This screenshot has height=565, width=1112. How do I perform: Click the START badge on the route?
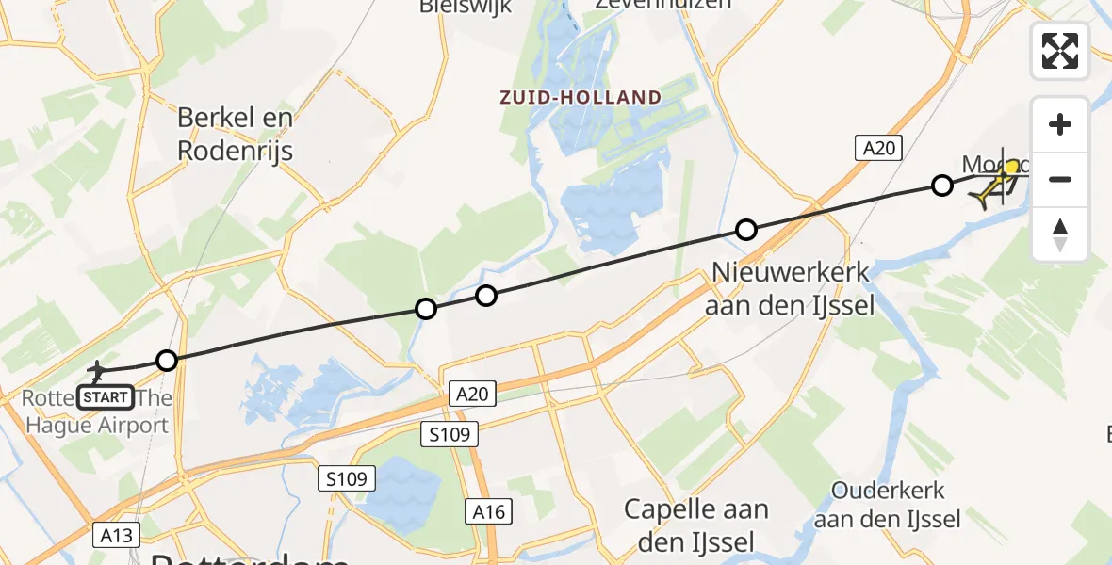click(x=106, y=397)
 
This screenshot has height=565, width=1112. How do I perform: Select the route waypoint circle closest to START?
click(x=166, y=361)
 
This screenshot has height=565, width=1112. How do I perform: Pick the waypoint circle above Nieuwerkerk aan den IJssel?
click(x=746, y=229)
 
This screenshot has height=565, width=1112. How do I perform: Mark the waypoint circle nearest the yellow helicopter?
click(x=941, y=186)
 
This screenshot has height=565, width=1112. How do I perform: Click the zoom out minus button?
click(x=1060, y=179)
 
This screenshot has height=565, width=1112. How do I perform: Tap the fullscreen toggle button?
click(x=1060, y=51)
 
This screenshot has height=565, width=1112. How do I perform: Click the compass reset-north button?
click(x=1060, y=234)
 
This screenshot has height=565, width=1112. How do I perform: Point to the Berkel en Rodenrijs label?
click(x=236, y=134)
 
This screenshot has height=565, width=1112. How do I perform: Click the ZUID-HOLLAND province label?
click(x=581, y=97)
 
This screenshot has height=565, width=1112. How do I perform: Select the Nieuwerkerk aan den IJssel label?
click(x=791, y=288)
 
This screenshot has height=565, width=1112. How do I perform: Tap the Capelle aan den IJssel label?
click(x=696, y=525)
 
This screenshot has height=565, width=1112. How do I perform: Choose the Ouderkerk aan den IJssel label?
click(x=887, y=505)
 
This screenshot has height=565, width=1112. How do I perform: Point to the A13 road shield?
click(x=118, y=536)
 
